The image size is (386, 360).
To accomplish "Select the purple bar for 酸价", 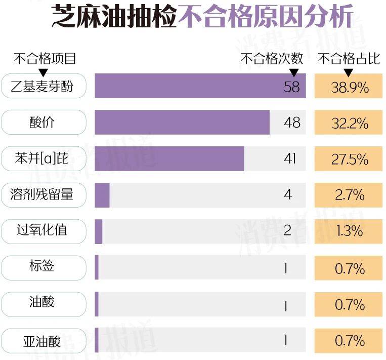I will click(x=182, y=123).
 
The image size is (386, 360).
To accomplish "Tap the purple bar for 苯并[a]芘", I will click(x=169, y=159).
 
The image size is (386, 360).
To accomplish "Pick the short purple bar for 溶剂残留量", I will click(x=102, y=195).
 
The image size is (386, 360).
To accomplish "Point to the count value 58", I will click(x=292, y=87).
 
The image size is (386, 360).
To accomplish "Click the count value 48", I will click(x=292, y=123).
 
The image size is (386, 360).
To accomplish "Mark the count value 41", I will click(x=289, y=159).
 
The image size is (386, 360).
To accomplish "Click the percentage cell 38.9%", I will click(x=350, y=87).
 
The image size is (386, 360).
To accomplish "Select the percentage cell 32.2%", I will click(x=350, y=123).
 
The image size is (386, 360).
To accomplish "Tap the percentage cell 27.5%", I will click(x=350, y=159).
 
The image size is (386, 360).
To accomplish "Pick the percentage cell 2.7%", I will click(x=350, y=195).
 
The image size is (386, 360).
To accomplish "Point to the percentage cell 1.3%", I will click(x=350, y=231).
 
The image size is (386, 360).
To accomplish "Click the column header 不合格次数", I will click(x=272, y=59).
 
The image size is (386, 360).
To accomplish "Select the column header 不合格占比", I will click(x=349, y=59).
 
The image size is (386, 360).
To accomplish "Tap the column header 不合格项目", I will click(x=45, y=59).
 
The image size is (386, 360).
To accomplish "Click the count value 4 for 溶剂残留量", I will click(x=288, y=195).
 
